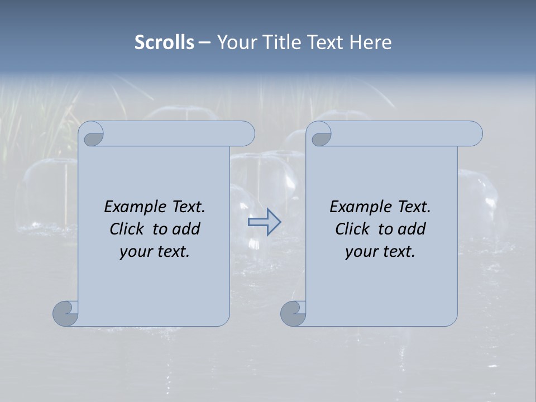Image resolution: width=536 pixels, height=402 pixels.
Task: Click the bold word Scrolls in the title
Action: coord(165,42)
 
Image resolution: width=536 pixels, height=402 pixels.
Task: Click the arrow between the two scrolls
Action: coord(265,222)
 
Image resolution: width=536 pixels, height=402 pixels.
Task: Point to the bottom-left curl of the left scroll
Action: coord(66,313)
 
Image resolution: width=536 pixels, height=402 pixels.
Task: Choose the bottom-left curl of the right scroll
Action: coord(294,313)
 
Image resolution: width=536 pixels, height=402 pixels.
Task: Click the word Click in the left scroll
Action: coord(127,229)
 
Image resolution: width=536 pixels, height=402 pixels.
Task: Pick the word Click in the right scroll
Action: coord(353,229)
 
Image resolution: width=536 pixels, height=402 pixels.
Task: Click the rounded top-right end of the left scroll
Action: coord(246,134)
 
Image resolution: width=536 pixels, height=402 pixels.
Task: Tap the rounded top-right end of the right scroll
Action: coord(473,134)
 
